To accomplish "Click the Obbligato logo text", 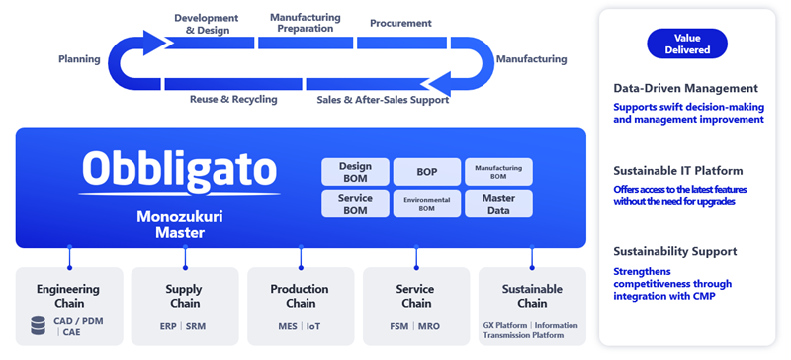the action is click(x=180, y=169).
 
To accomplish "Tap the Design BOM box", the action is click(x=355, y=172).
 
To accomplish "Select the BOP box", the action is click(x=427, y=172).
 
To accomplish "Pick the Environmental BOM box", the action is click(x=427, y=204).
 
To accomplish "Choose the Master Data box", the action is click(x=498, y=204).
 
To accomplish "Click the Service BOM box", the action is click(x=355, y=204).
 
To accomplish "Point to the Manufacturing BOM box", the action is click(x=498, y=172).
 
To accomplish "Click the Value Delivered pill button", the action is click(x=687, y=44).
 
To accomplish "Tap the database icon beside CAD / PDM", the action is click(x=38, y=325).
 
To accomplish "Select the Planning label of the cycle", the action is click(x=79, y=59).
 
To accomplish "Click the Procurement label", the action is click(x=400, y=23).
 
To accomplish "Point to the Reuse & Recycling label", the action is click(x=233, y=100).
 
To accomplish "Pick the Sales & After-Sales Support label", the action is click(x=383, y=100).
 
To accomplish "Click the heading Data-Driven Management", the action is click(x=685, y=88).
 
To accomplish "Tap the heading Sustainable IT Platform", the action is click(x=678, y=171).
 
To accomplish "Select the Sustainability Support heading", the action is click(x=675, y=251).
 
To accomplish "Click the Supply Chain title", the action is click(x=185, y=297).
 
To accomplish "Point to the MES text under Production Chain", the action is click(x=288, y=326).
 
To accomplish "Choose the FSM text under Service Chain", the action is click(x=399, y=326).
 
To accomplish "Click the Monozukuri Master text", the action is click(x=180, y=225).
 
